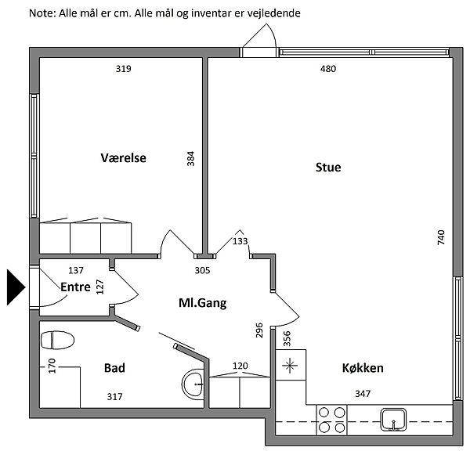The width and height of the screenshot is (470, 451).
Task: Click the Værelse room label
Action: pyautogui.click(x=123, y=158)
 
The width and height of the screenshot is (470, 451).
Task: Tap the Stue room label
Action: pyautogui.click(x=328, y=168)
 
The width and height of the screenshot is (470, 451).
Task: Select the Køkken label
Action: pyautogui.click(x=363, y=368)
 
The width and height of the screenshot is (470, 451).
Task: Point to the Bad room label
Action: pyautogui.click(x=114, y=368)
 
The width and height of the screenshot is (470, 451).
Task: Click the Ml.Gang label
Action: pyautogui.click(x=202, y=303)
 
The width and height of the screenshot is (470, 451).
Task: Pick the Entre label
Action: pyautogui.click(x=75, y=287)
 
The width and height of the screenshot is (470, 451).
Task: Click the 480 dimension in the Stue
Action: pyautogui.click(x=328, y=69)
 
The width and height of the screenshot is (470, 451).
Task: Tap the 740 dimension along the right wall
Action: pyautogui.click(x=441, y=237)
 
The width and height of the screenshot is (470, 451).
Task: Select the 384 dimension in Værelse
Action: pyautogui.click(x=190, y=159)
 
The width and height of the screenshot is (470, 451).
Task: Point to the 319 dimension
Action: pyautogui.click(x=124, y=69)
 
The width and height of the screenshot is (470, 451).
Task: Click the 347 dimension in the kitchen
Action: pyautogui.click(x=363, y=394)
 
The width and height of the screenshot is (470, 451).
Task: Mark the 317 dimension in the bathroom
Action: pyautogui.click(x=115, y=397)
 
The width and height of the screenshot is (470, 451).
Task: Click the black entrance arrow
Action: pyautogui.click(x=16, y=287)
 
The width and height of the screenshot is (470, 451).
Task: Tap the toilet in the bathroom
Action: pyautogui.click(x=57, y=340)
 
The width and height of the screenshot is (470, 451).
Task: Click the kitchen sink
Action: pyautogui.click(x=393, y=419)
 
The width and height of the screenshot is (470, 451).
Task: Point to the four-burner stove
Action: pyautogui.click(x=332, y=420)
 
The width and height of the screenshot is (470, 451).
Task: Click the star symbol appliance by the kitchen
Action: pyautogui.click(x=290, y=366)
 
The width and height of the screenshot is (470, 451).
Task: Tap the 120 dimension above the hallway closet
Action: pyautogui.click(x=240, y=366)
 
